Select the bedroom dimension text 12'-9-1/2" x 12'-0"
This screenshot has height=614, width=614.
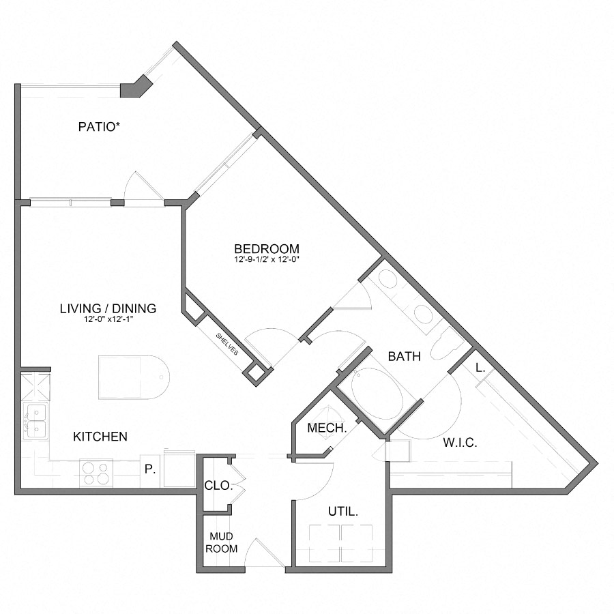point(266,260)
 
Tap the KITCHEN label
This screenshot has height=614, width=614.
point(100,436)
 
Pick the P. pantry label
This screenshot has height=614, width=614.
point(149,469)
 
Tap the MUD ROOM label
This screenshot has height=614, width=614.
point(223,543)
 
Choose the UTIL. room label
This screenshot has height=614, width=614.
point(343,511)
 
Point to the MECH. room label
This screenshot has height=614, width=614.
point(327,428)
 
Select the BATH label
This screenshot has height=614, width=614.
point(404,356)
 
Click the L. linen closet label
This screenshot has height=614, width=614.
point(480,368)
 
